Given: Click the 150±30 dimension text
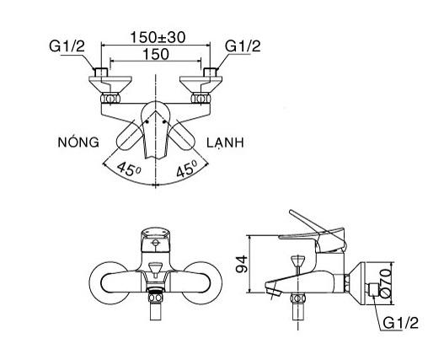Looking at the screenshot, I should [x=158, y=37].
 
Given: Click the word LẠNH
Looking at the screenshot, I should [x=223, y=142].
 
